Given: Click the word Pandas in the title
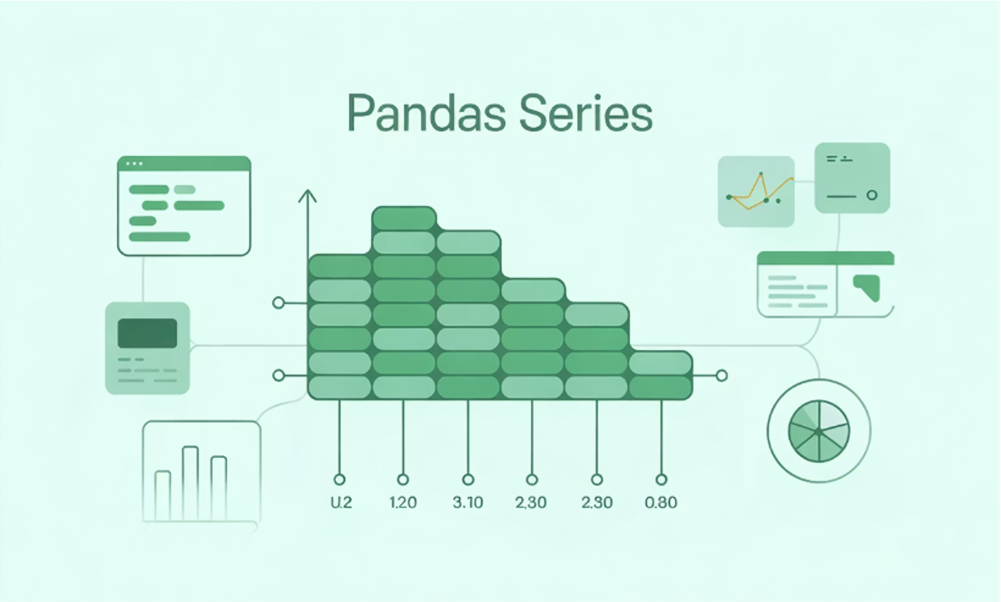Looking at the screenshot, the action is coord(427,113).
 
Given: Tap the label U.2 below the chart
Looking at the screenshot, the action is coord(341,503).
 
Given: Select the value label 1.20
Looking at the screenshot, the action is coord(403,503).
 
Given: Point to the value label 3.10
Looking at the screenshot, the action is coord(468,503).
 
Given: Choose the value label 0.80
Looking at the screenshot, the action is coord(661,503).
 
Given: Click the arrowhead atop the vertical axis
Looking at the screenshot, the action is coord(308,196).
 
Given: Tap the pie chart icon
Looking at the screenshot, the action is coord(818,431).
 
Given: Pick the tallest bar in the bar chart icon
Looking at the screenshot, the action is coord(191,483).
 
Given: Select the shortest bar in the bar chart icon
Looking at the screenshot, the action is coord(163,496).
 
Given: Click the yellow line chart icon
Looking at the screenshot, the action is coord(756,191).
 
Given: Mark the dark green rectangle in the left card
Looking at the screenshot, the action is coord(148,333).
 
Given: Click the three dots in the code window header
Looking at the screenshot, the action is coord(134,164).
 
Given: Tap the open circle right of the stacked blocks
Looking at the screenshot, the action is coord(721,376).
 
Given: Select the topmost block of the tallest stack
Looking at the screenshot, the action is coord(404,218).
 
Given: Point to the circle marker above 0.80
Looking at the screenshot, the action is coord(661,480).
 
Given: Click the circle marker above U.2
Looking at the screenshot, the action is coord(339,480).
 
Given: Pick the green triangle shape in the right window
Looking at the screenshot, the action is coord(868,288).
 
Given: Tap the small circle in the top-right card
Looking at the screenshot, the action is coord(872,195).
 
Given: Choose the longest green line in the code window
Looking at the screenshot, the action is coord(159,237).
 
